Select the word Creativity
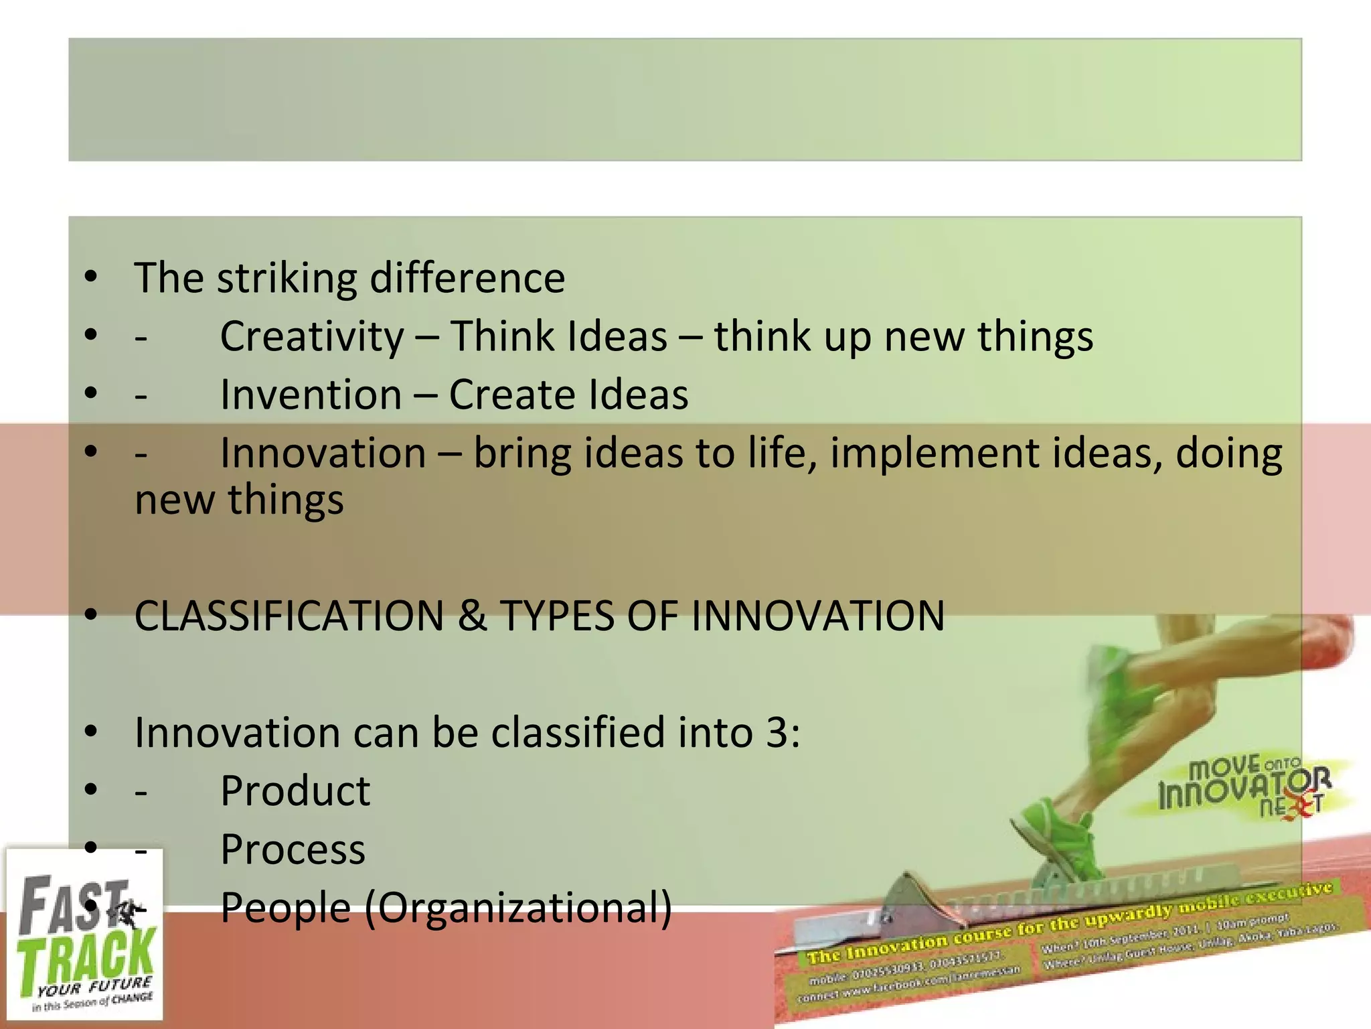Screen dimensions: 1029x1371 [x=312, y=336]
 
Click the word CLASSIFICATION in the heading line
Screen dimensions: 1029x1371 [x=289, y=616]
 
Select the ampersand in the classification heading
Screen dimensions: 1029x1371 [x=472, y=616]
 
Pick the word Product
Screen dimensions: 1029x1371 [x=295, y=791]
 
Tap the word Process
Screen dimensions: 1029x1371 [x=293, y=849]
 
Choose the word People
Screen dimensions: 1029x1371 [x=286, y=908]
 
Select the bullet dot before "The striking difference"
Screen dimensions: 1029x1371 [x=91, y=277]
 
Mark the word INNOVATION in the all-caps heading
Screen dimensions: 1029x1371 [x=817, y=616]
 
